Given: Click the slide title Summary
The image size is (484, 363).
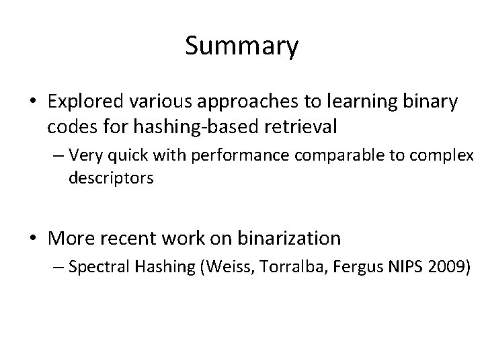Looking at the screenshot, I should (x=241, y=46).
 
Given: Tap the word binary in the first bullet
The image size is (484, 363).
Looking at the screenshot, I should (x=432, y=102).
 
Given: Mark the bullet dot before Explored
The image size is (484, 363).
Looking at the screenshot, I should (x=32, y=103).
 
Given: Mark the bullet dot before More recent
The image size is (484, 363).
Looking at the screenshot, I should (x=32, y=238).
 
